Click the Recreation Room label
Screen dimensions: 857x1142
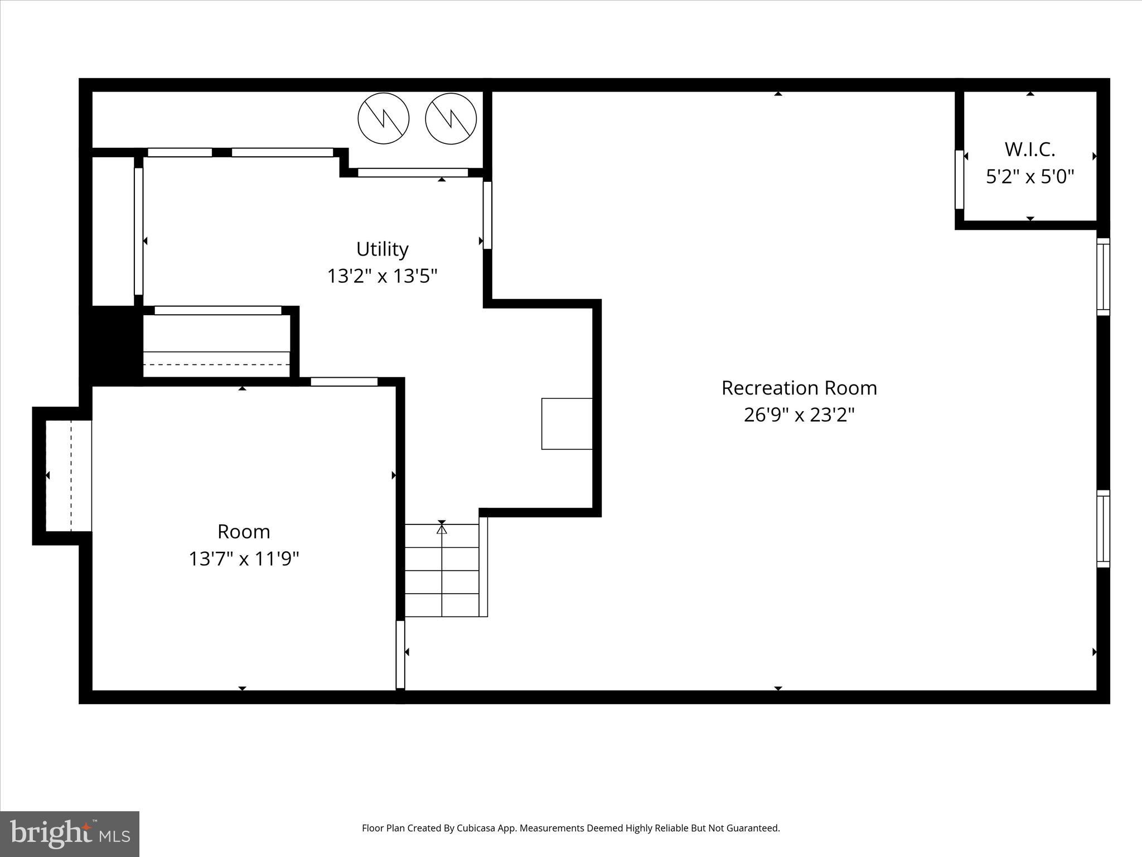(x=799, y=388)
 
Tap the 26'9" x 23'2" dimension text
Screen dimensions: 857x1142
(x=799, y=415)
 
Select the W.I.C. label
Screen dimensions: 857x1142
(x=1030, y=150)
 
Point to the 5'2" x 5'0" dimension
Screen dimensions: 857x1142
(x=1030, y=177)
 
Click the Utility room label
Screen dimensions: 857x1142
(x=382, y=249)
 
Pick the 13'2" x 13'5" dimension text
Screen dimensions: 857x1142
(x=382, y=276)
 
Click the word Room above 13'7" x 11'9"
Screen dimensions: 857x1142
(x=244, y=532)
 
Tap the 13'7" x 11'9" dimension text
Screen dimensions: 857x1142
(x=244, y=559)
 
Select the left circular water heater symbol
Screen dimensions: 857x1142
(x=384, y=118)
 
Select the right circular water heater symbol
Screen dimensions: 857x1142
(x=451, y=118)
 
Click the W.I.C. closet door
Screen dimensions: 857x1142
(x=959, y=180)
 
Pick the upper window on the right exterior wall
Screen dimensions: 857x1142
(x=1103, y=277)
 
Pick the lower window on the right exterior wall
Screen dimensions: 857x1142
(x=1103, y=528)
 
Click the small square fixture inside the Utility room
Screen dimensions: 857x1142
(x=567, y=423)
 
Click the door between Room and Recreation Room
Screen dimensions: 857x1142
(x=400, y=654)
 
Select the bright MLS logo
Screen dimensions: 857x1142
(x=70, y=834)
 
